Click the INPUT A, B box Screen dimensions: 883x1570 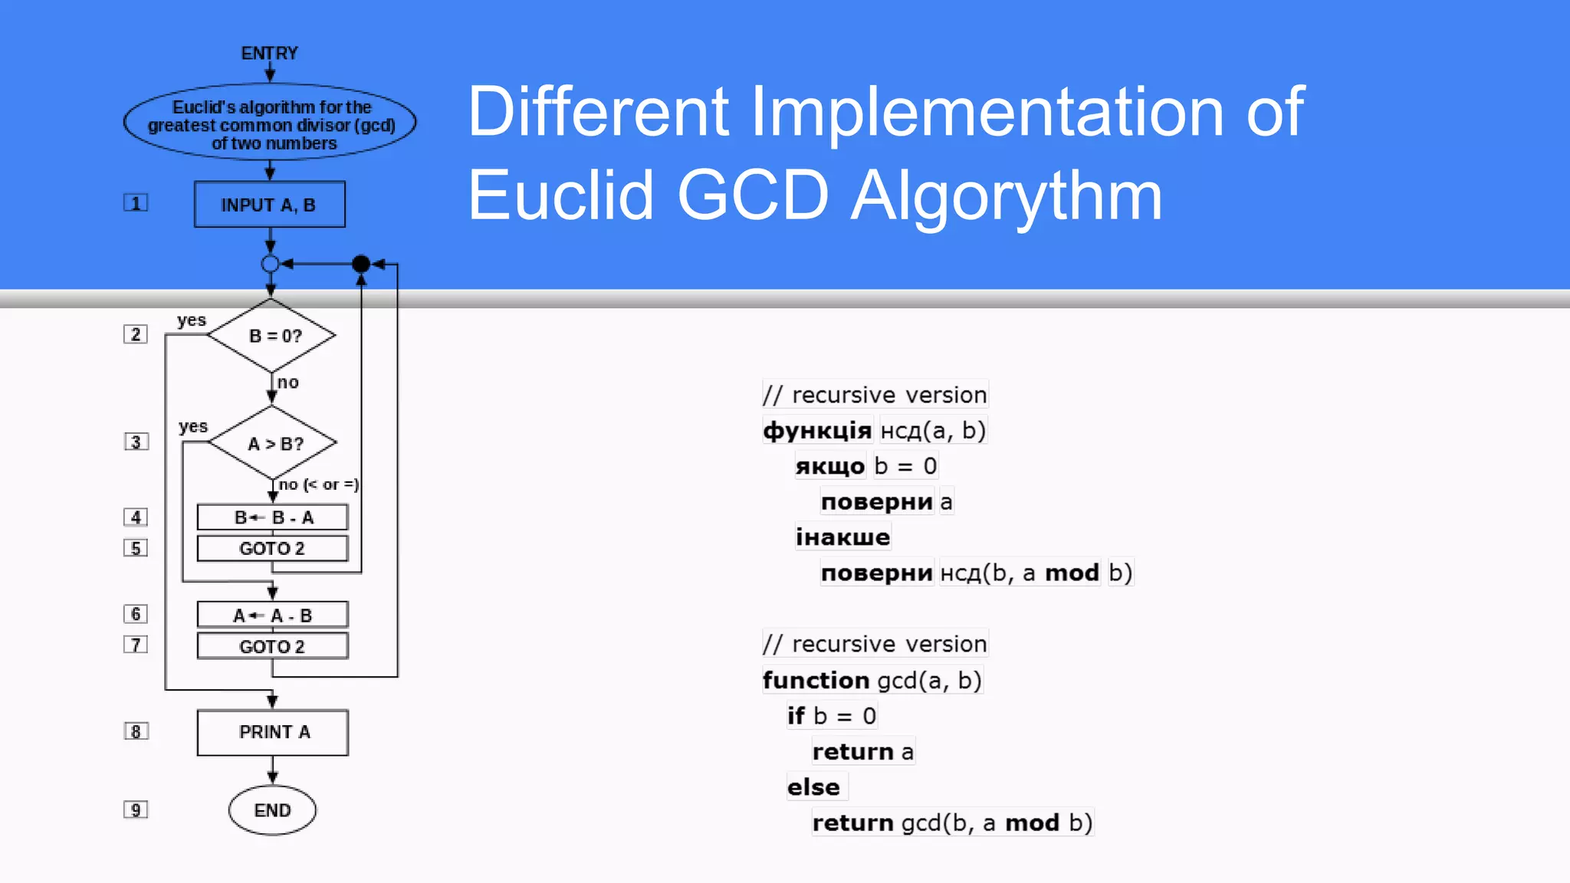click(x=269, y=205)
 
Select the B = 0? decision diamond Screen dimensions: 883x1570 click(x=272, y=336)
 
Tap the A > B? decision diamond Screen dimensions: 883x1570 click(x=273, y=444)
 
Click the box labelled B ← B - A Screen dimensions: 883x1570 click(x=272, y=517)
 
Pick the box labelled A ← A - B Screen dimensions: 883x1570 click(x=272, y=615)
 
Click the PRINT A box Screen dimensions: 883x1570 click(x=273, y=732)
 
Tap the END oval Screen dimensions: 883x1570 click(x=272, y=810)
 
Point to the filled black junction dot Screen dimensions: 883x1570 click(x=361, y=264)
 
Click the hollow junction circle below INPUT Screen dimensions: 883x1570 click(x=270, y=264)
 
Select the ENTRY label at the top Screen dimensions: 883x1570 click(x=269, y=53)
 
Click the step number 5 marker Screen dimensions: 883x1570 click(x=136, y=548)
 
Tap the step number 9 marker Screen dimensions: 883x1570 click(x=136, y=810)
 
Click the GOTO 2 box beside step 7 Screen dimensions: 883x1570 click(x=272, y=646)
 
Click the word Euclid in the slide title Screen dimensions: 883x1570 click(x=560, y=195)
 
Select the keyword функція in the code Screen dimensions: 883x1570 click(x=817, y=431)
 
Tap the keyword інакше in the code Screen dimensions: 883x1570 click(x=842, y=537)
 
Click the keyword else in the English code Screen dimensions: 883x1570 click(x=813, y=787)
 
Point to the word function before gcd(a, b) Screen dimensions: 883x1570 click(x=816, y=681)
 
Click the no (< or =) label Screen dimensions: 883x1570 click(x=318, y=484)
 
